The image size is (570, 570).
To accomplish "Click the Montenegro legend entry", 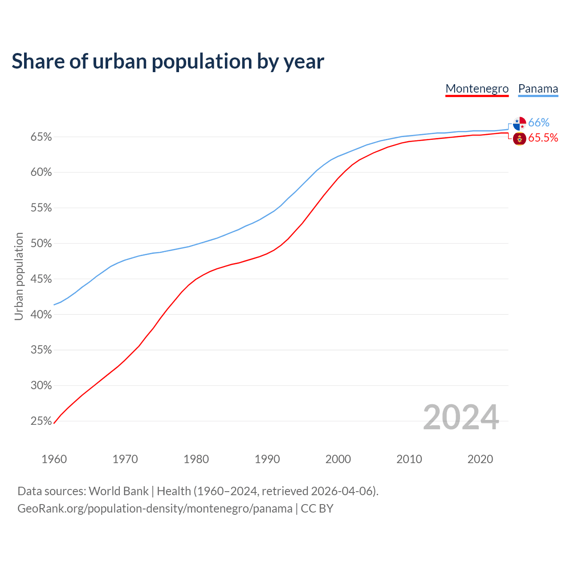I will tap(477, 89).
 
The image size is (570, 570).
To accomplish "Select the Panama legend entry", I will tap(538, 89).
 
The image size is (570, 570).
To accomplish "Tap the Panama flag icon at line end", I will tap(519, 123).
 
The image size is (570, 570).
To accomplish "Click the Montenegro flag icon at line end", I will tap(519, 138).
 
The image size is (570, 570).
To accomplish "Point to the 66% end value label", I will tap(539, 123).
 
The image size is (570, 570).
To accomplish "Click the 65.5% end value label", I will tap(543, 138).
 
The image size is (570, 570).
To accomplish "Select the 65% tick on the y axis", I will tap(41, 137).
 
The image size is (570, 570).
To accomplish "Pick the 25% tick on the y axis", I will tap(41, 421).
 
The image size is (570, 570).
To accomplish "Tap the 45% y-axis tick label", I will tap(41, 279).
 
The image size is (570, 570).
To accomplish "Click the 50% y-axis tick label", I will tap(41, 244).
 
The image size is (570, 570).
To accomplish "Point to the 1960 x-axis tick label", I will tap(54, 459).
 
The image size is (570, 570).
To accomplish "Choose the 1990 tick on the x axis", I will tap(267, 459).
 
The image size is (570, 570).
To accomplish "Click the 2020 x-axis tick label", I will tap(480, 459).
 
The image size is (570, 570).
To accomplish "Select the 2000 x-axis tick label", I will tap(338, 459).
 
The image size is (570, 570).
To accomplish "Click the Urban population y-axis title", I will tap(19, 276).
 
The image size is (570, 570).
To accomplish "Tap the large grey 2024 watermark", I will tap(461, 418).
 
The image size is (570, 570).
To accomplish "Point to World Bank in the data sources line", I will tap(118, 491).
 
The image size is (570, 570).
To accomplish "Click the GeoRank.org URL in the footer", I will tap(155, 509).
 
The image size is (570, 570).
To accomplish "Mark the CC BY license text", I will tap(317, 509).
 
